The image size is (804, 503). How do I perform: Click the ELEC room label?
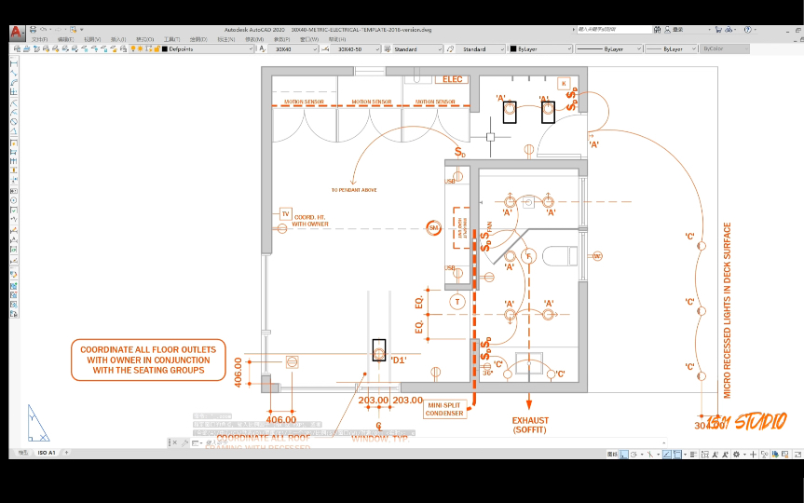[x=453, y=79]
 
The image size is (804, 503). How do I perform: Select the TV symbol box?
[x=285, y=214]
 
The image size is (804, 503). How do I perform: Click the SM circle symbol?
[x=433, y=227]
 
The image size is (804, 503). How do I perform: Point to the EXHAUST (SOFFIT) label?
[x=530, y=425]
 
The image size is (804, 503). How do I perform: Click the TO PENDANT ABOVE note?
[x=354, y=189]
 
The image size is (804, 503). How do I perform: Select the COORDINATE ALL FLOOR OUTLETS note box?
[x=148, y=360]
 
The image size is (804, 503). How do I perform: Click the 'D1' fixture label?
[x=399, y=359]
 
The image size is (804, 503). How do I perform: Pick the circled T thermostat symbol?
[x=457, y=302]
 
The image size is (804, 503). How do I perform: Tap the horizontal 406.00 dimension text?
[x=280, y=419]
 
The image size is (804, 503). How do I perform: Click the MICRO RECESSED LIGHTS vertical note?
[x=728, y=304]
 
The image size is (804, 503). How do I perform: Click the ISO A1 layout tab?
[x=47, y=453]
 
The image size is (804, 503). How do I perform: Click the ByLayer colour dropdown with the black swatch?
[x=540, y=48]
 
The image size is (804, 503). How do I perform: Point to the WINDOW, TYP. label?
[x=379, y=436]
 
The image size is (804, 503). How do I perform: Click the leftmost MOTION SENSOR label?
[x=304, y=102]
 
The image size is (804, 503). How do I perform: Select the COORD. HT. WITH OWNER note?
[x=311, y=221]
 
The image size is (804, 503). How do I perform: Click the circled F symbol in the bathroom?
[x=528, y=255]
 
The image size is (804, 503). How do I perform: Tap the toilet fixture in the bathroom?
[x=562, y=256]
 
